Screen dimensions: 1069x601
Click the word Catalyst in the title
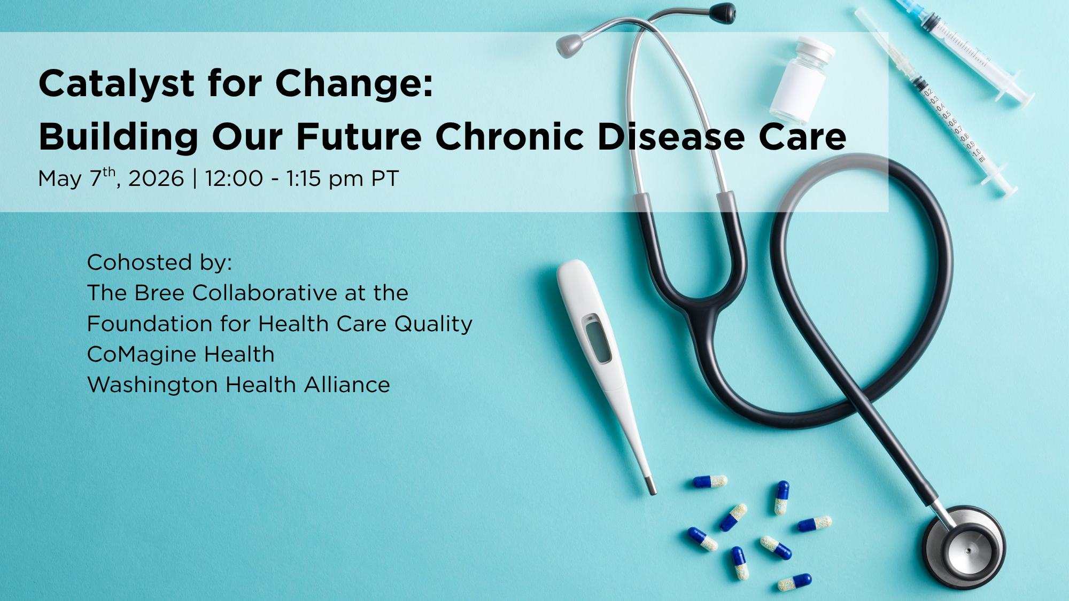(117, 84)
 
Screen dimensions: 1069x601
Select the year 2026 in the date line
(156, 178)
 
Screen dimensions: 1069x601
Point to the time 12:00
(234, 178)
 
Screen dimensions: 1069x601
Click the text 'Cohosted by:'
(160, 263)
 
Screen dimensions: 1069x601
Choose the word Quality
(433, 324)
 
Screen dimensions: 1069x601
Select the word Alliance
(347, 385)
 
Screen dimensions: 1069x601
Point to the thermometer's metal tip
(651, 486)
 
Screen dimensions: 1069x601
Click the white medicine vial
(802, 81)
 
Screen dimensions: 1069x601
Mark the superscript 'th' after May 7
(109, 171)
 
